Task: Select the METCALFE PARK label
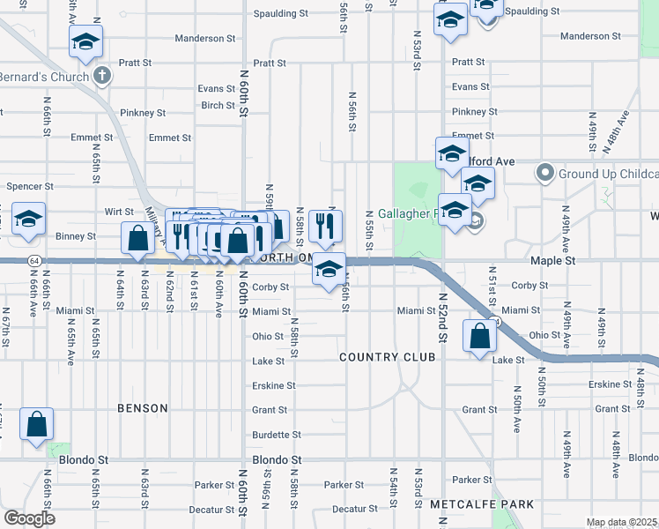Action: tap(482, 503)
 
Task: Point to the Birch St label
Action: tap(218, 105)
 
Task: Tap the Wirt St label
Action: tap(119, 212)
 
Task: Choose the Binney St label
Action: tap(77, 236)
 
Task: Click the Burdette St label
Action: tap(276, 435)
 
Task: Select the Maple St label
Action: tap(552, 262)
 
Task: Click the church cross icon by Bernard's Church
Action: tap(102, 76)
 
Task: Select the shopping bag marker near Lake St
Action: tap(478, 338)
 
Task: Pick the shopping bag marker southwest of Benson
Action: tap(37, 426)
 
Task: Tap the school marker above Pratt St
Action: tap(86, 41)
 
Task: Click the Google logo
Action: tap(29, 519)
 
